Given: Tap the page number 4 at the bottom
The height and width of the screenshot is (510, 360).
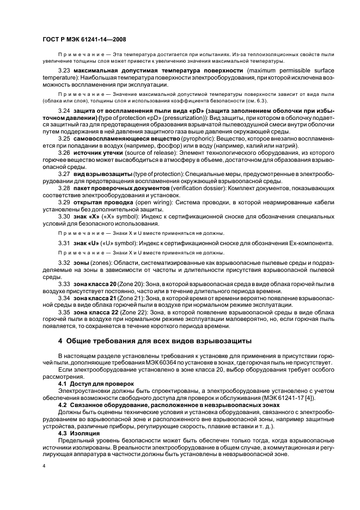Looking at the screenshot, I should (44, 467).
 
